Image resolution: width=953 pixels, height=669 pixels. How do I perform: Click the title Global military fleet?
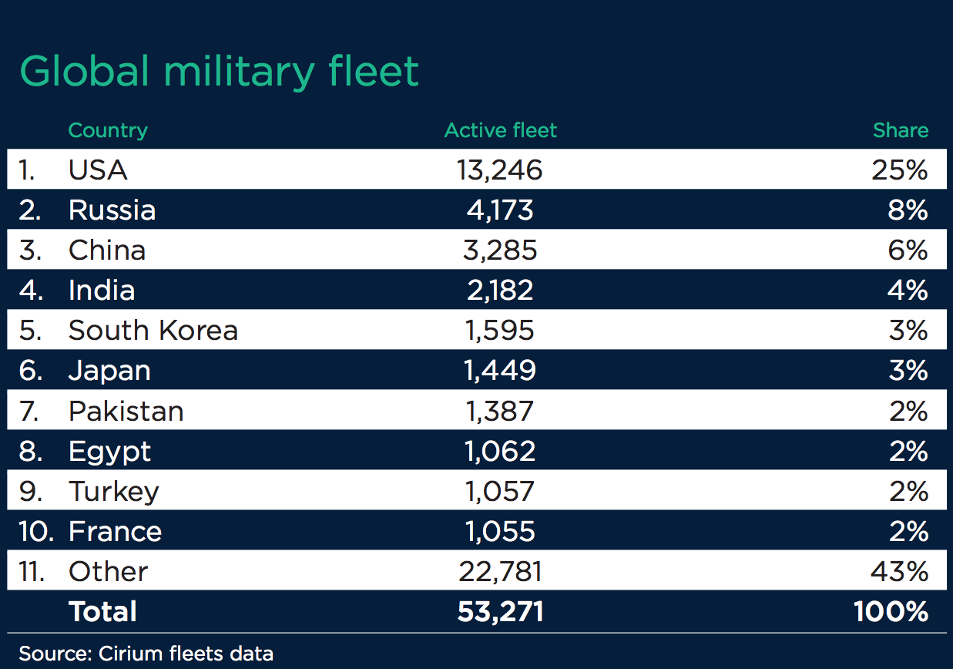[219, 72]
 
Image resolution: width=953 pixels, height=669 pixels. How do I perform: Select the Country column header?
[108, 130]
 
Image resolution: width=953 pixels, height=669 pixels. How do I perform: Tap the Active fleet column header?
[500, 130]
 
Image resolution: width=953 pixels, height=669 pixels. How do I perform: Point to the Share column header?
[900, 130]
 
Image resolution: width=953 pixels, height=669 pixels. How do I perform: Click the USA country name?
[98, 170]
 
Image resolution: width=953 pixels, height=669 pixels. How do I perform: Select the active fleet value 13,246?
[500, 170]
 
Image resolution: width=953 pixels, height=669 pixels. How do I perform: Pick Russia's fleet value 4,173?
[500, 210]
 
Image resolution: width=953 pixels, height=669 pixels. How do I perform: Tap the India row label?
[102, 290]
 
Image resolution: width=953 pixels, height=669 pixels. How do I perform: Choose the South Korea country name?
[153, 330]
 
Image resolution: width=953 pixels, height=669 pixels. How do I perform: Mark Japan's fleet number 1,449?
[500, 371]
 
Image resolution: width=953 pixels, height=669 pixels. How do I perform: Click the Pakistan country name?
[126, 411]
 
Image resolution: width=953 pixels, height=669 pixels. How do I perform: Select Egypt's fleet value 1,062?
[500, 451]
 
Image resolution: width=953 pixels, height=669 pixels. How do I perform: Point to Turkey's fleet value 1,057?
[500, 491]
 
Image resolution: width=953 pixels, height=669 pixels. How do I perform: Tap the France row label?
[115, 531]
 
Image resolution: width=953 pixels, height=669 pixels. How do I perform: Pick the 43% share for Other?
[900, 571]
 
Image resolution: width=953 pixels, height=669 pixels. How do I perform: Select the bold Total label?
[102, 611]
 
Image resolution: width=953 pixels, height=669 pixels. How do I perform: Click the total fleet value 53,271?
[500, 611]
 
